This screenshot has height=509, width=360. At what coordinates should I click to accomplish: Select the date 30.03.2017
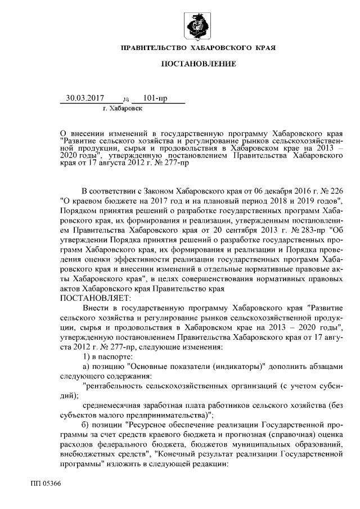pos(85,98)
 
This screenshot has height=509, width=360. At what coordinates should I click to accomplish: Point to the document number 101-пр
pos(155,98)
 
